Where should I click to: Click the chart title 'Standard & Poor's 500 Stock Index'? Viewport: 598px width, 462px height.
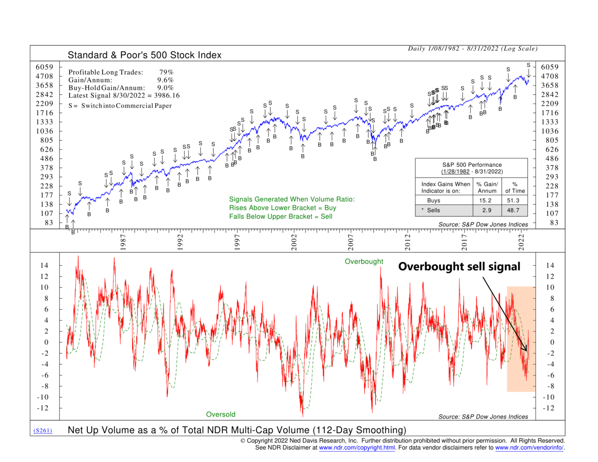144,55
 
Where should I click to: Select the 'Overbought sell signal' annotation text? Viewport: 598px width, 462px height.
459,267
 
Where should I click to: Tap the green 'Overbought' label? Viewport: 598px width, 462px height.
363,262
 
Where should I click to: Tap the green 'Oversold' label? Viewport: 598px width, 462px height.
221,414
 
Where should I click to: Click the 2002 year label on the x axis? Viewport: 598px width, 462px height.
294,242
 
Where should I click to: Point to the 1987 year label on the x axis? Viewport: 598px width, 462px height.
123,242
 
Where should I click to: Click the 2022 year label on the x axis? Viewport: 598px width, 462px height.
521,242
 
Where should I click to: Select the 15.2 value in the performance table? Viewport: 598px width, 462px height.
485,200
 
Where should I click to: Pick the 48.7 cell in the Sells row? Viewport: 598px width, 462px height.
513,210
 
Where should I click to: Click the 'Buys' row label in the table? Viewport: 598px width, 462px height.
434,200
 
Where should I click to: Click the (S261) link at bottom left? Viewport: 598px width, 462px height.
43,430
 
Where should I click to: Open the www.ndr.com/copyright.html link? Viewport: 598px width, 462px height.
357,448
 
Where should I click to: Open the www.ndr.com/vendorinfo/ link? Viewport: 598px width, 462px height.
529,448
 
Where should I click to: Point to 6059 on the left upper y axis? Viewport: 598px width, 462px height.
44,67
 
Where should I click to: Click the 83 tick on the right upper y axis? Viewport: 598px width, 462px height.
554,223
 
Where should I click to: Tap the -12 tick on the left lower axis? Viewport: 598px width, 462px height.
43,408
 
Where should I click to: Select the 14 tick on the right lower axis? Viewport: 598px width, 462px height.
550,265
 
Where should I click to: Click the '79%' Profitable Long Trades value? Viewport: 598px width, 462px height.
166,72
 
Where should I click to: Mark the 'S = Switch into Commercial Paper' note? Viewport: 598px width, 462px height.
120,106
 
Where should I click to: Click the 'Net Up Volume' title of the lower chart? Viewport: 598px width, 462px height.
237,430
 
